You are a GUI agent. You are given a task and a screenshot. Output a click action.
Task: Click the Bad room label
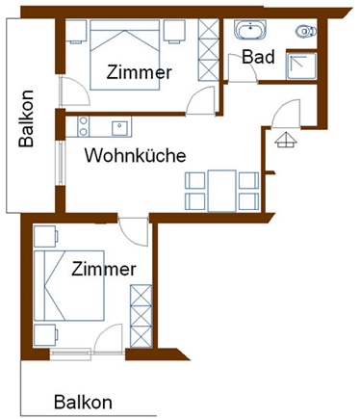pos(258,57)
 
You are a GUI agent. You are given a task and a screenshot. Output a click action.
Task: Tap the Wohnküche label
pos(135,155)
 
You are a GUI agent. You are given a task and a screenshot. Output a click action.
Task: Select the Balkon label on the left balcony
pos(26,118)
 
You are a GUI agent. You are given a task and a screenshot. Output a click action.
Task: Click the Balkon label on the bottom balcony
pos(83,403)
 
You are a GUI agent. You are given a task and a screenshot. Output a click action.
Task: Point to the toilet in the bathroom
pos(306,31)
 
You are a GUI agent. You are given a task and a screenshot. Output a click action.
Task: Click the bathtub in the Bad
pos(250,30)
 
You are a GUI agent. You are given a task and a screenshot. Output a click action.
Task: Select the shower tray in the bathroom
pos(301,66)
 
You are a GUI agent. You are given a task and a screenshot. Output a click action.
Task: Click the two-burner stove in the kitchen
pos(84,127)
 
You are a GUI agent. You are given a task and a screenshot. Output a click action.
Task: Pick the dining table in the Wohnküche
pos(221,191)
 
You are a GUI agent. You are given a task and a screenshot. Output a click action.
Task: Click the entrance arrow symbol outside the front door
pos(286,140)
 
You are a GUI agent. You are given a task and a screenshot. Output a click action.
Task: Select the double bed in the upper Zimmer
pos(125,55)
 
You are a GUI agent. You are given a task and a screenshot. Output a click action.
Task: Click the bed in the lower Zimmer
pos(69,285)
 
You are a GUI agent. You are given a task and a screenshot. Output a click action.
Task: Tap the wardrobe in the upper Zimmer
pos(209,50)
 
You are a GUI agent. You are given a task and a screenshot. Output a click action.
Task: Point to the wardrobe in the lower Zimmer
pos(141,316)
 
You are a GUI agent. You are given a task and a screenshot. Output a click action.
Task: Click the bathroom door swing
pos(243,68)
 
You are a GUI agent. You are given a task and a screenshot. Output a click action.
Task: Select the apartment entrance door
pos(286,114)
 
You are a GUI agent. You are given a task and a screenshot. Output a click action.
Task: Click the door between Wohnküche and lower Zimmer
pos(133,232)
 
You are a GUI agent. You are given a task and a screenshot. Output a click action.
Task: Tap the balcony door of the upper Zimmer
pos(74,92)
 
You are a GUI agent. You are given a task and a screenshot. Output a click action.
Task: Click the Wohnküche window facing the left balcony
pos(60,163)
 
